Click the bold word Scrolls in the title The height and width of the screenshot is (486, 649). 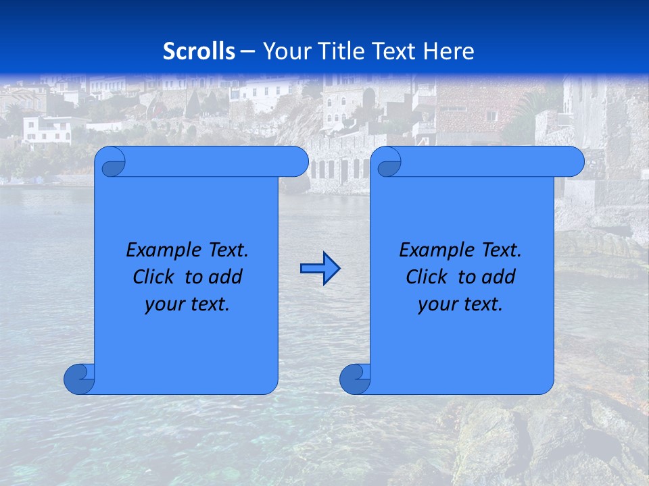tap(199, 51)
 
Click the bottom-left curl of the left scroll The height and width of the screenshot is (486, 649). tap(78, 379)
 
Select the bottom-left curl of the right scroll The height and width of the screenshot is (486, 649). tap(354, 379)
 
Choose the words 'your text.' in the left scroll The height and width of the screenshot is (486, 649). tap(187, 304)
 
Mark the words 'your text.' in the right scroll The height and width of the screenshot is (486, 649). tap(460, 304)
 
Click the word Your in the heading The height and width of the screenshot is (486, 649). tap(285, 51)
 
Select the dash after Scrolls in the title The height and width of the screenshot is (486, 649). tap(247, 51)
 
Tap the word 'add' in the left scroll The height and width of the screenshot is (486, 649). tap(224, 277)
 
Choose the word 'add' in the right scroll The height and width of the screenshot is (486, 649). tap(498, 277)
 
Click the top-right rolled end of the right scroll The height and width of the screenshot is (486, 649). tap(572, 162)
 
